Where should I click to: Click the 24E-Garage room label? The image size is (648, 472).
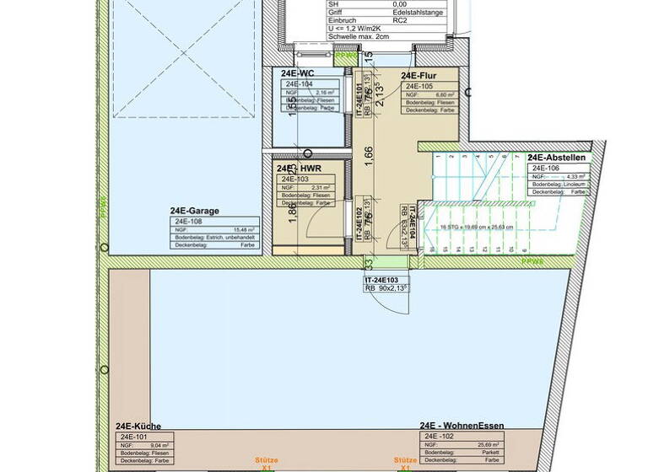[x=195, y=212]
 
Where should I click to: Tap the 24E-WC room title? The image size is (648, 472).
[x=298, y=74]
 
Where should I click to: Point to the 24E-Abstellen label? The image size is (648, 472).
[x=556, y=158]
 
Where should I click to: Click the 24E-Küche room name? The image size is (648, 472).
[x=138, y=426]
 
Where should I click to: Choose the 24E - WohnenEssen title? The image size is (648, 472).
[x=462, y=426]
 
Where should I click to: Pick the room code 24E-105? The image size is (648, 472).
[x=419, y=86]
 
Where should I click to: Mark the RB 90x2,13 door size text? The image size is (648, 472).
[x=386, y=288]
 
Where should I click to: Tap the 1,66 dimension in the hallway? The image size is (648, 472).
[x=367, y=158]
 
